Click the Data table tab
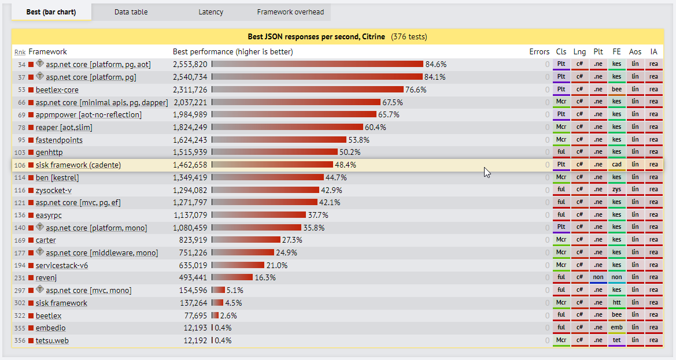coord(131,12)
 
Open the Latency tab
coord(210,12)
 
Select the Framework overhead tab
coord(290,12)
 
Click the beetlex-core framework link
coord(57,90)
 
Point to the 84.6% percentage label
coord(435,64)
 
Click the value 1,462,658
coord(190,165)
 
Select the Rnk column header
coord(20,52)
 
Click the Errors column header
coord(539,52)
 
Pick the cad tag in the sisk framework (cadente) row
coord(616,165)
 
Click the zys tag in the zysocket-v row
coord(616,190)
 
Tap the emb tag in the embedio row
coord(616,328)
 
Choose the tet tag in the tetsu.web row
coord(616,340)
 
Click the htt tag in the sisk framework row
coord(616,303)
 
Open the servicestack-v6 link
coord(62,265)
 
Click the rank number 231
coord(20,278)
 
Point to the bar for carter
coord(246,240)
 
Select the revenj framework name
coord(46,278)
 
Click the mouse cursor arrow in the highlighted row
coord(487,172)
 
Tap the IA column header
coord(653,52)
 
